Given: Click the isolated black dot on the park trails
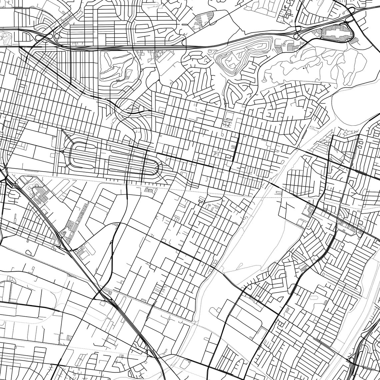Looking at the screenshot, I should (304, 68).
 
